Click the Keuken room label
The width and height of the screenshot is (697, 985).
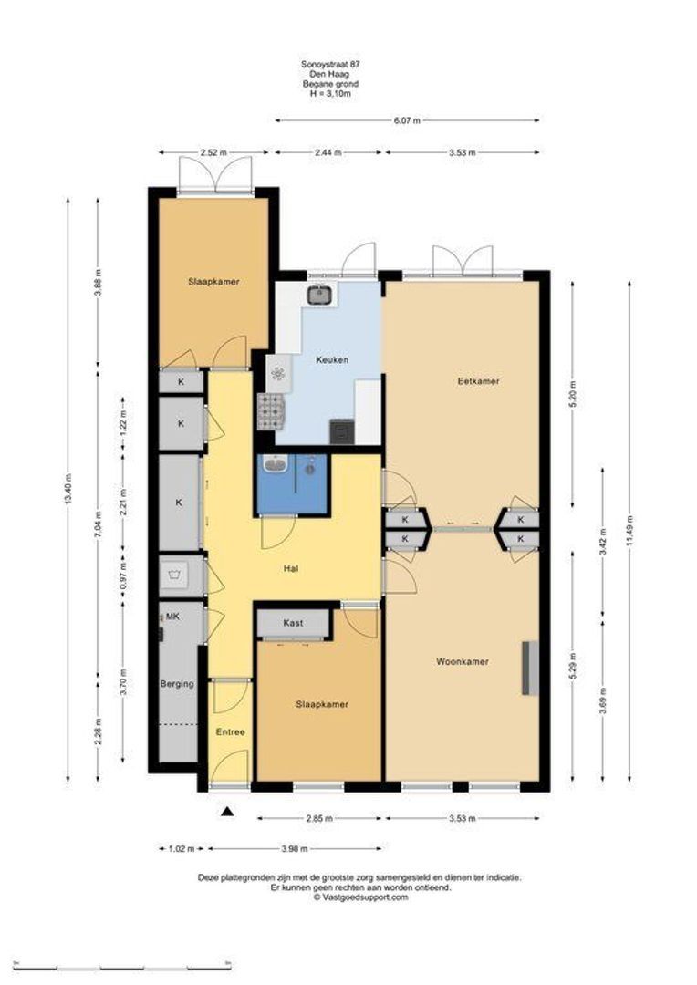pos(332,360)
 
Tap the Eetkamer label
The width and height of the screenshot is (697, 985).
pos(478,380)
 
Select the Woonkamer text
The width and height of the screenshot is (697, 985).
pos(462,661)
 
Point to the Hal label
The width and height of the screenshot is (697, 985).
pos(290,568)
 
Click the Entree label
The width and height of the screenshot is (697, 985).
pos(230,731)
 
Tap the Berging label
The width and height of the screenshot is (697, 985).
pos(177,683)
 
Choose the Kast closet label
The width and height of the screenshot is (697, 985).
pos(293,623)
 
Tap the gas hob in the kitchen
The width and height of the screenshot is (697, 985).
pos(271,411)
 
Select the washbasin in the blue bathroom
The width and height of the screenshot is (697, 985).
pos(274,464)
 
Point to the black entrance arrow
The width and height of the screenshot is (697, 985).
pos(227,812)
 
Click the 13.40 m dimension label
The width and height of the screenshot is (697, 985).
pos(68,490)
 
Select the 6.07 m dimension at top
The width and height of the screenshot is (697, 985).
pos(407,120)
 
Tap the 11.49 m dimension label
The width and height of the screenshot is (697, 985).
pos(629,531)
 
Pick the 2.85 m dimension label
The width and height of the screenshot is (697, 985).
pos(320,818)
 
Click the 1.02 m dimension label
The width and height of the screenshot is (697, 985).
pos(181,849)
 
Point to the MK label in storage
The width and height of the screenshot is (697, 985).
pos(172,617)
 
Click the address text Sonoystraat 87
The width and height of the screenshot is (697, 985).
pos(330,64)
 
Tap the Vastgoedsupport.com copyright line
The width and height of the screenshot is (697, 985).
pos(360,897)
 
